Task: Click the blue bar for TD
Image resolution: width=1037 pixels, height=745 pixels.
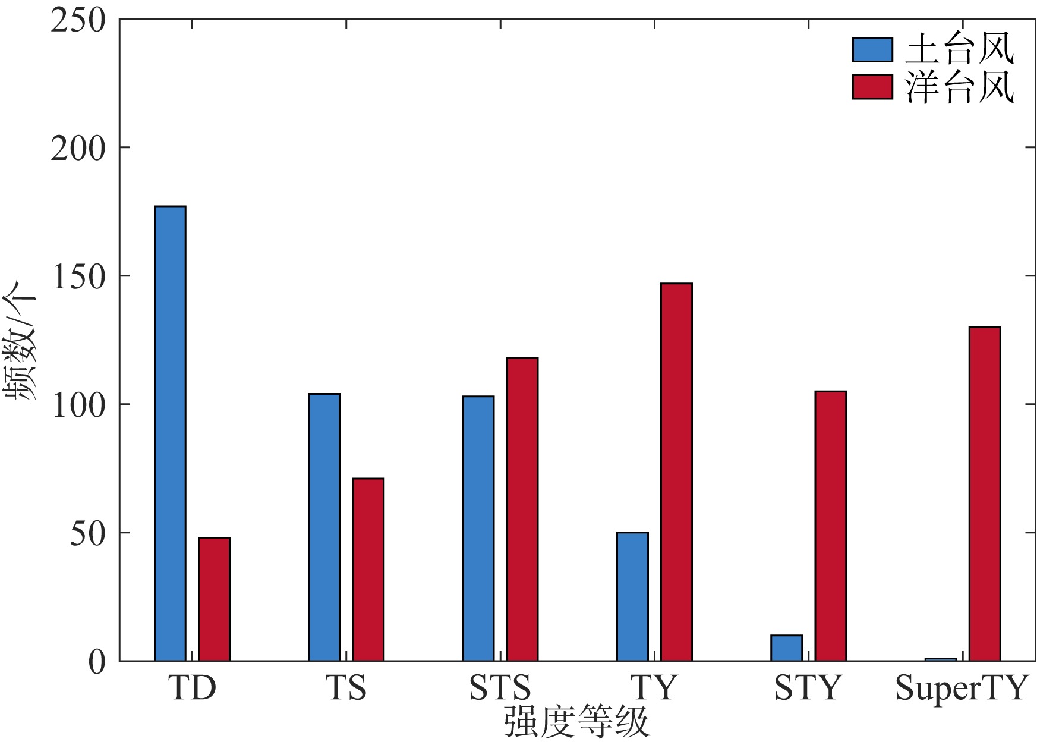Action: [x=170, y=433]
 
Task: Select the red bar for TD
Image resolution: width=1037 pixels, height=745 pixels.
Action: [x=214, y=599]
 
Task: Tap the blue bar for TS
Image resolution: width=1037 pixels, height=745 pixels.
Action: [x=324, y=527]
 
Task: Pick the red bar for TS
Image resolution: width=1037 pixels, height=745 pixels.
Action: [x=368, y=569]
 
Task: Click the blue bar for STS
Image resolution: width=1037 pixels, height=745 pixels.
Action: [x=478, y=528]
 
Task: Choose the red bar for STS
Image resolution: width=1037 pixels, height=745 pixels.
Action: [x=522, y=509]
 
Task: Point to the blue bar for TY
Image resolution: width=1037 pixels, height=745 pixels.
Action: [x=632, y=596]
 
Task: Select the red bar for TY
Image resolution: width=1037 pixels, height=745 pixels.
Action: [x=676, y=472]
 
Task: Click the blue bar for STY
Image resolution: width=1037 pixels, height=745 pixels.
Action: [x=786, y=648]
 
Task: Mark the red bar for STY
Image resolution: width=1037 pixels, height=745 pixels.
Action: [x=830, y=526]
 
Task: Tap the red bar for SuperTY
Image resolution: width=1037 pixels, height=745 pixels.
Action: [x=985, y=493]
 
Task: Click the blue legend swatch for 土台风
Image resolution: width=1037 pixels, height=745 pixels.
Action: [x=872, y=49]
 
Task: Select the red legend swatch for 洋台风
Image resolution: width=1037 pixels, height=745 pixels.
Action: [x=872, y=87]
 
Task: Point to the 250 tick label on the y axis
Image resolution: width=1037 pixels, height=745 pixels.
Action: [x=78, y=20]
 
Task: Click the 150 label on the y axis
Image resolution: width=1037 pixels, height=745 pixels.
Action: [x=78, y=277]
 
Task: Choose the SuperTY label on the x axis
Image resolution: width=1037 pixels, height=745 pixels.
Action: [x=961, y=689]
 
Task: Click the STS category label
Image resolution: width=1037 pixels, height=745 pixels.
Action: [x=500, y=689]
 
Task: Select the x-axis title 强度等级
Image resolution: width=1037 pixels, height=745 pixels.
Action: [x=576, y=722]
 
